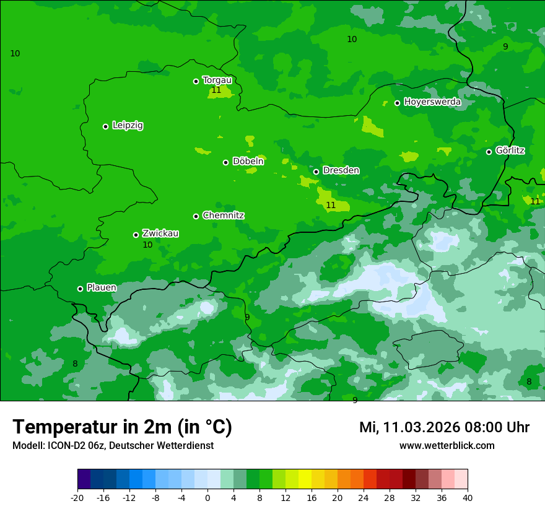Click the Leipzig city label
[x=128, y=126]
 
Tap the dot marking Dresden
[x=316, y=172]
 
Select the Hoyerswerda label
[x=432, y=102]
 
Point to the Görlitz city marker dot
[x=489, y=152]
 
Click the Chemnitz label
[x=223, y=216]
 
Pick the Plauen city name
[x=101, y=288]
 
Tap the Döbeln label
[x=248, y=162]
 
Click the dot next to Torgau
[x=196, y=81]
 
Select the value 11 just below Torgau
[x=216, y=90]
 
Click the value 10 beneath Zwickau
[x=147, y=245]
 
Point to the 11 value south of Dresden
[x=331, y=206]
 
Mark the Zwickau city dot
[x=136, y=235]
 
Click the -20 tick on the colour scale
[x=77, y=498]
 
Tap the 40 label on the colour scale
[x=468, y=498]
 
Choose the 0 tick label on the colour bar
[x=207, y=498]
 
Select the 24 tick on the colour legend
[x=364, y=498]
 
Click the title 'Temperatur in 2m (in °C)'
[x=122, y=427]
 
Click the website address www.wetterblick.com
[x=447, y=446]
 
